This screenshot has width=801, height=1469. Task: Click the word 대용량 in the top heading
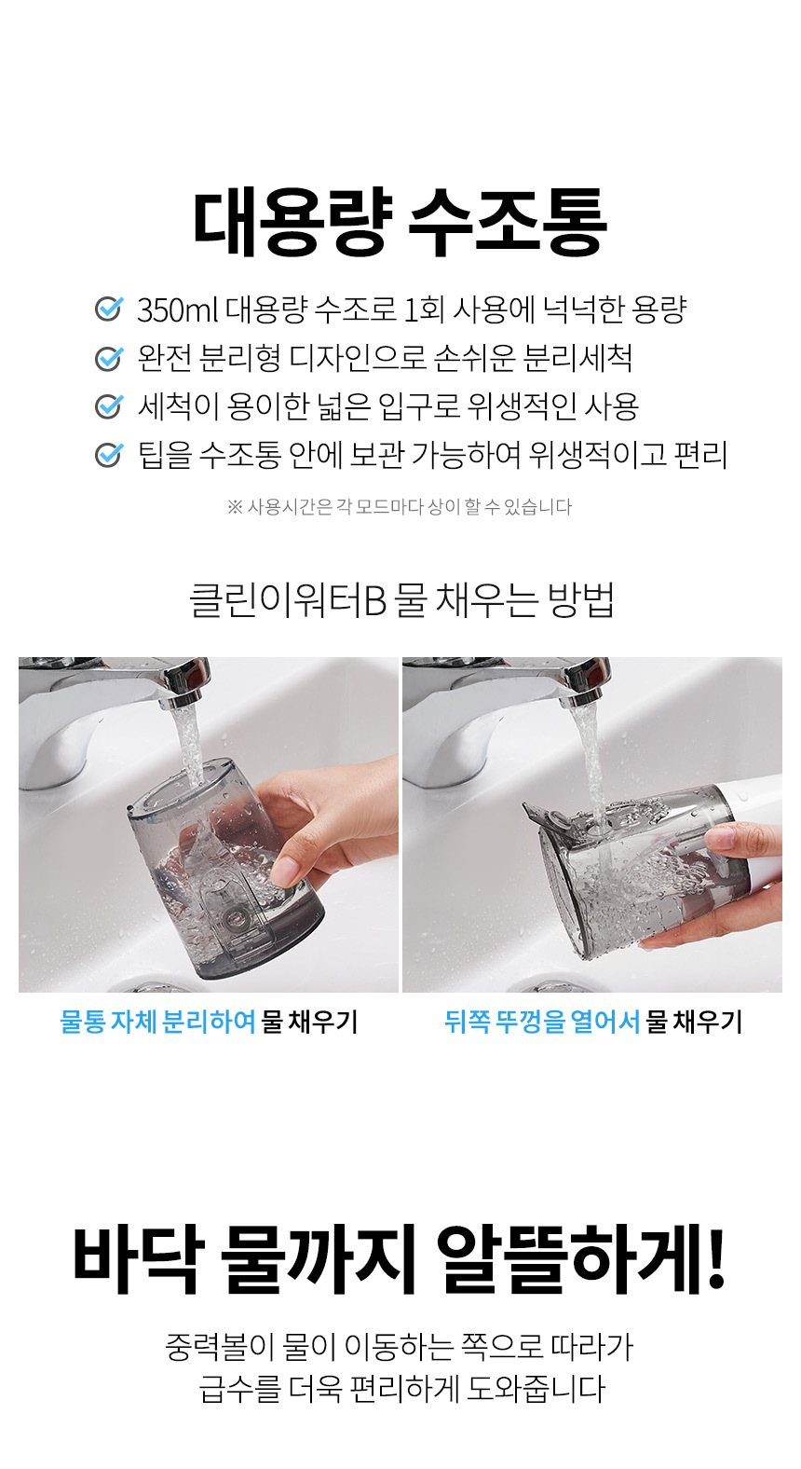click(292, 222)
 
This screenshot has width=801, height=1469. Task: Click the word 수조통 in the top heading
click(508, 222)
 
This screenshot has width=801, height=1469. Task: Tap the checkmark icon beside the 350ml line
click(109, 309)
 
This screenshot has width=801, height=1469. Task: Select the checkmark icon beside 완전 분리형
click(109, 357)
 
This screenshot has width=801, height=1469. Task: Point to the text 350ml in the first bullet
click(177, 310)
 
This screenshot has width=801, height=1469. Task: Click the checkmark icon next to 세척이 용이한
click(109, 406)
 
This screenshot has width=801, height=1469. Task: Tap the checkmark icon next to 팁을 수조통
click(109, 455)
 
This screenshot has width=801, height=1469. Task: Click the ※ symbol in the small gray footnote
click(235, 507)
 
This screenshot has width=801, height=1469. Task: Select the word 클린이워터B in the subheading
click(287, 600)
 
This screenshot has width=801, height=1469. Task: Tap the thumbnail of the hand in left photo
click(284, 872)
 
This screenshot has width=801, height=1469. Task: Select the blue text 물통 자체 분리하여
click(157, 1022)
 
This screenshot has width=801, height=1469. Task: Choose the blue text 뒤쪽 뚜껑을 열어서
click(542, 1022)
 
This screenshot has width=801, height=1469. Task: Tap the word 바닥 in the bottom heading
click(140, 1259)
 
